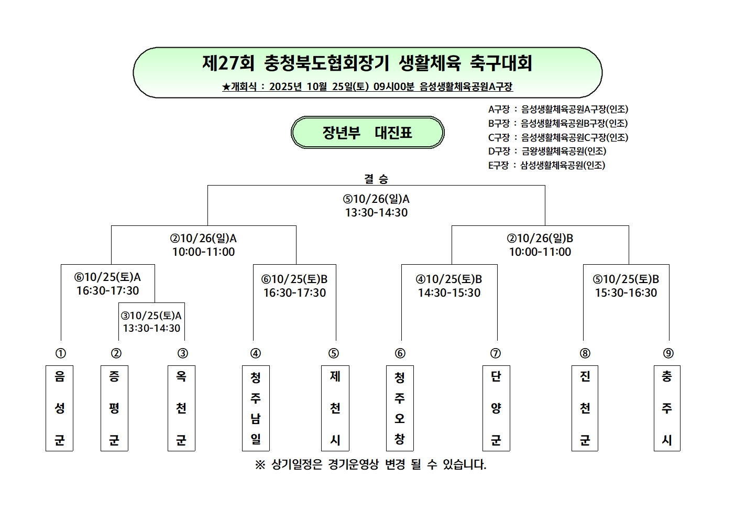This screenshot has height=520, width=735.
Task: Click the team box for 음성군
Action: pos(59,408)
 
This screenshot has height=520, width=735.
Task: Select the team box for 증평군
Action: pos(114,408)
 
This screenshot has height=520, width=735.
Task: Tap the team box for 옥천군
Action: pos(181,408)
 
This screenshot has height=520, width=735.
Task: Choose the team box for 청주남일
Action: pos(256,408)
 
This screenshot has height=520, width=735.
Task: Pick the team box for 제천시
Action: pos(335,408)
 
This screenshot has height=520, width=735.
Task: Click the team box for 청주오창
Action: pos(400,408)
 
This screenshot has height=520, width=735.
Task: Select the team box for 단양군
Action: pos(496,408)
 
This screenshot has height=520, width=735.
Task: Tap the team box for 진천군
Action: pos(585,408)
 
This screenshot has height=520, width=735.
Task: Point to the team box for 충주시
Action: pos(667,408)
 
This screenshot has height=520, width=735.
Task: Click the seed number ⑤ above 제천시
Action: pos(334,353)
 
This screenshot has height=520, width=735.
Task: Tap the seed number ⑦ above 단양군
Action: pos(496,353)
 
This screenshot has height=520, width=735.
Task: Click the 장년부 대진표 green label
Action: pos(367,133)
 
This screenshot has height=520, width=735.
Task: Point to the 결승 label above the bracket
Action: pos(376,179)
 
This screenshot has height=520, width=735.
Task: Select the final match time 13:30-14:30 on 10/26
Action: pos(376,212)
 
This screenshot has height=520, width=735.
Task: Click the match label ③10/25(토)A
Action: pos(151,316)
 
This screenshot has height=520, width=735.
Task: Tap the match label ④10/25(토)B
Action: pos(449,279)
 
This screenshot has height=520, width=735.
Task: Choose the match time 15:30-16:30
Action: pos(626,292)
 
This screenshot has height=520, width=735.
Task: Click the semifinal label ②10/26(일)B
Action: pos(540,239)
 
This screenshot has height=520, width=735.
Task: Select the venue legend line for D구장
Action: pos(547,151)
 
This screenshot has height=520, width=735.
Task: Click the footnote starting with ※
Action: pos(370,464)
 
